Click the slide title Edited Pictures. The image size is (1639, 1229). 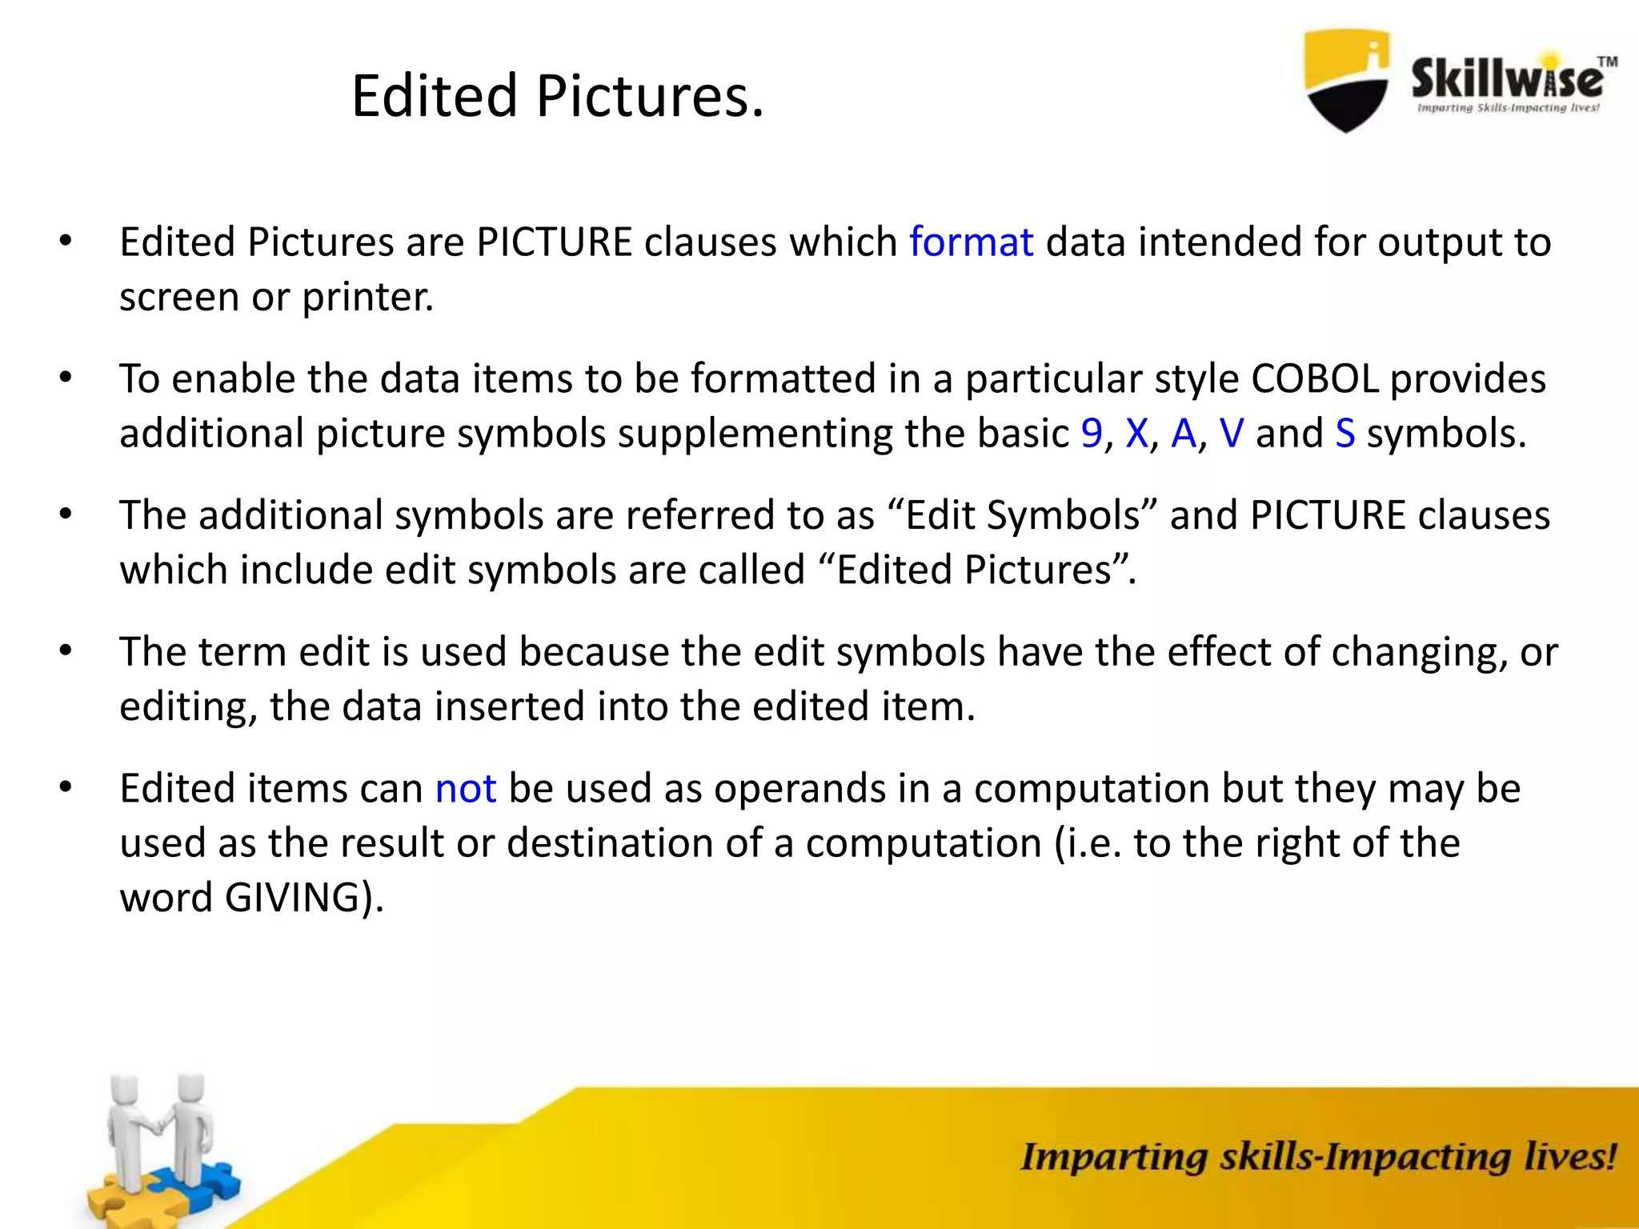point(558,97)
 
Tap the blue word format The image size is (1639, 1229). point(971,242)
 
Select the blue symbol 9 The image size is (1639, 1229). point(1092,434)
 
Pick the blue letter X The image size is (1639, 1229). point(1136,434)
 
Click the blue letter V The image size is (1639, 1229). point(1232,434)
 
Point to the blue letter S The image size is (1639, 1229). point(1345,434)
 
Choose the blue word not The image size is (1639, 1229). point(466,789)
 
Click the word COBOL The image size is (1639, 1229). point(1315,379)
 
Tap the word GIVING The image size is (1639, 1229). point(292,898)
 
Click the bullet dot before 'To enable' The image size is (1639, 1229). point(66,378)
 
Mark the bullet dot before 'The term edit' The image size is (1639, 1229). point(66,651)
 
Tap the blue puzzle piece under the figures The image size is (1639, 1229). point(200,1184)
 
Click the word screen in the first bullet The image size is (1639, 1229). point(179,298)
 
